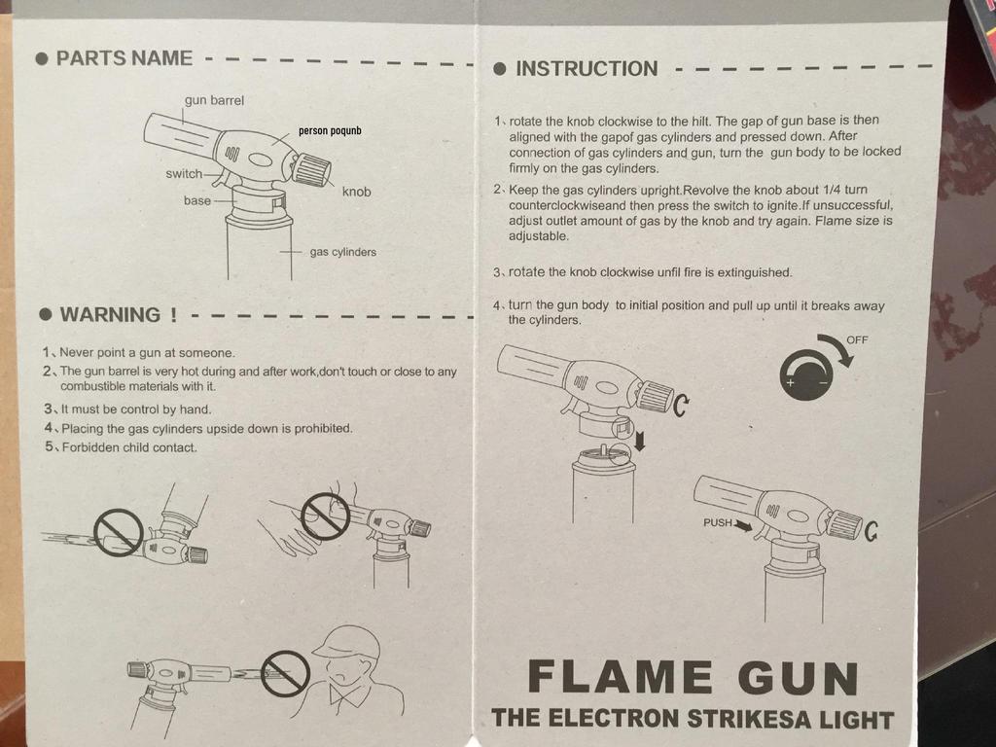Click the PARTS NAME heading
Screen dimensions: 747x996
[124, 57]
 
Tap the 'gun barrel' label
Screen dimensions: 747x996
[214, 100]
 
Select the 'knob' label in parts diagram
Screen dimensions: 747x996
[356, 192]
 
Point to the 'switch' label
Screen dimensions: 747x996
[184, 174]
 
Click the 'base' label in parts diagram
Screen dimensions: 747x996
[197, 200]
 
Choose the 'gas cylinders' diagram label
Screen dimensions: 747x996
[342, 252]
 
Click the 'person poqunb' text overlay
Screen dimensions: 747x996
[330, 130]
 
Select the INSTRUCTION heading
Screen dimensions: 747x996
[586, 69]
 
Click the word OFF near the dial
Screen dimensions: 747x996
[857, 339]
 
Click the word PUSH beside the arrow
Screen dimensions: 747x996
[717, 523]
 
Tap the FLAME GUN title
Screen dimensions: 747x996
[693, 678]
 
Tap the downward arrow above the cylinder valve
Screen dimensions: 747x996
[639, 442]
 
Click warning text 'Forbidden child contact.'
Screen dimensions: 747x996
[128, 447]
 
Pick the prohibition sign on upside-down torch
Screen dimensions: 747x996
[118, 532]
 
